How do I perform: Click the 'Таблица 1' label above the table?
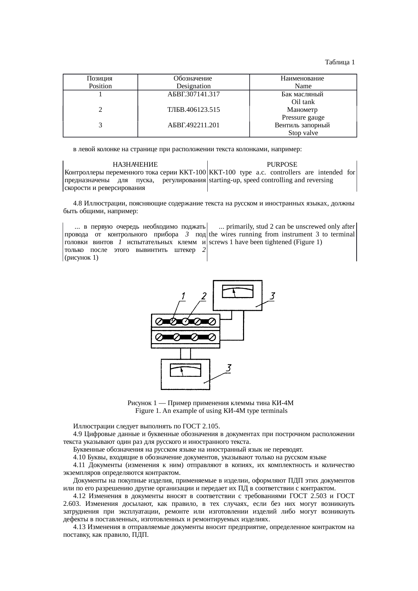(339, 62)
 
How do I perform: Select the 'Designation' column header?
(193, 86)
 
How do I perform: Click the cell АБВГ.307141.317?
(193, 94)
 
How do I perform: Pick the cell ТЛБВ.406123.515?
(193, 110)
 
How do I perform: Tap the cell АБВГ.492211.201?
(193, 125)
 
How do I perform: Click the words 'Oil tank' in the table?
(303, 102)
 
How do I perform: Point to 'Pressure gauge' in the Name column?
(303, 118)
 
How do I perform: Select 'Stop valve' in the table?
(303, 133)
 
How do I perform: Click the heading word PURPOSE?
(282, 165)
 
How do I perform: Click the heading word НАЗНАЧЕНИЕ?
(135, 165)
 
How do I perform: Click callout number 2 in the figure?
(204, 297)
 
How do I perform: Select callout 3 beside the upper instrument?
(272, 296)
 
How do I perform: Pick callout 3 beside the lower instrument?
(228, 368)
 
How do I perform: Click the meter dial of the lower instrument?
(185, 370)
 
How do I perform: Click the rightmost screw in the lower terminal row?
(212, 337)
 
